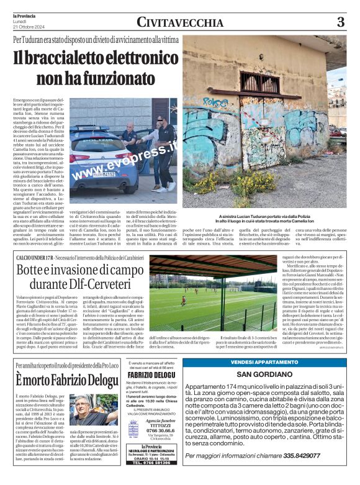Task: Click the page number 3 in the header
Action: tap(340, 22)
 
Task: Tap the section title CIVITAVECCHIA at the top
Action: tap(180, 23)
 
